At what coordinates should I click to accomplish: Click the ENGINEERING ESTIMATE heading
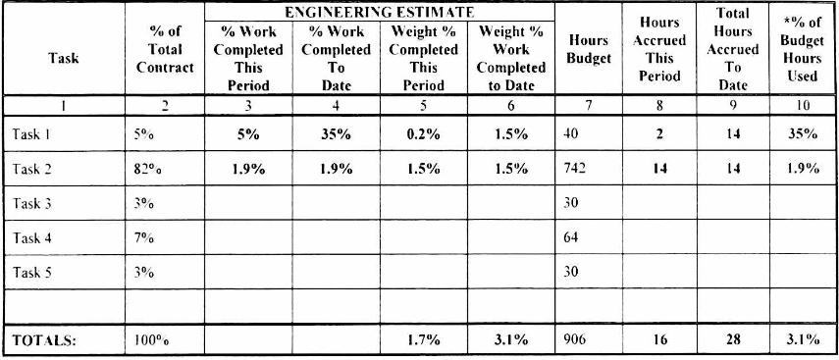pos(379,13)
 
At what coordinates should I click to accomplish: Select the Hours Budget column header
pos(589,49)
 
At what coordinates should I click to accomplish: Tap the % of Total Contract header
pos(165,49)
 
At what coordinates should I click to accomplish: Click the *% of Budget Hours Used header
pos(803,49)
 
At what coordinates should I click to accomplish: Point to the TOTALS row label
pos(44,340)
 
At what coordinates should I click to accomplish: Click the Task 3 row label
pos(32,203)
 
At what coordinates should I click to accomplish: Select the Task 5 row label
pos(32,273)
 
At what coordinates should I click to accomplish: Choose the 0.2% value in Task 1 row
pos(423,134)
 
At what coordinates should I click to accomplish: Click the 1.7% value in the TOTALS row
pos(423,340)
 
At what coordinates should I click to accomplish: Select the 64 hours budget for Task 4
pos(571,237)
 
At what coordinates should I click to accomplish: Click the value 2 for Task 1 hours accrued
pos(659,134)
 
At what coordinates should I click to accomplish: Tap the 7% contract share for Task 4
pos(144,238)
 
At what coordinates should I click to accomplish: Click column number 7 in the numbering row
pos(588,106)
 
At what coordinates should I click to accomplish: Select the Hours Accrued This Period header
pos(659,49)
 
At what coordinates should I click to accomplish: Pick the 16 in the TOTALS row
pos(659,340)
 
